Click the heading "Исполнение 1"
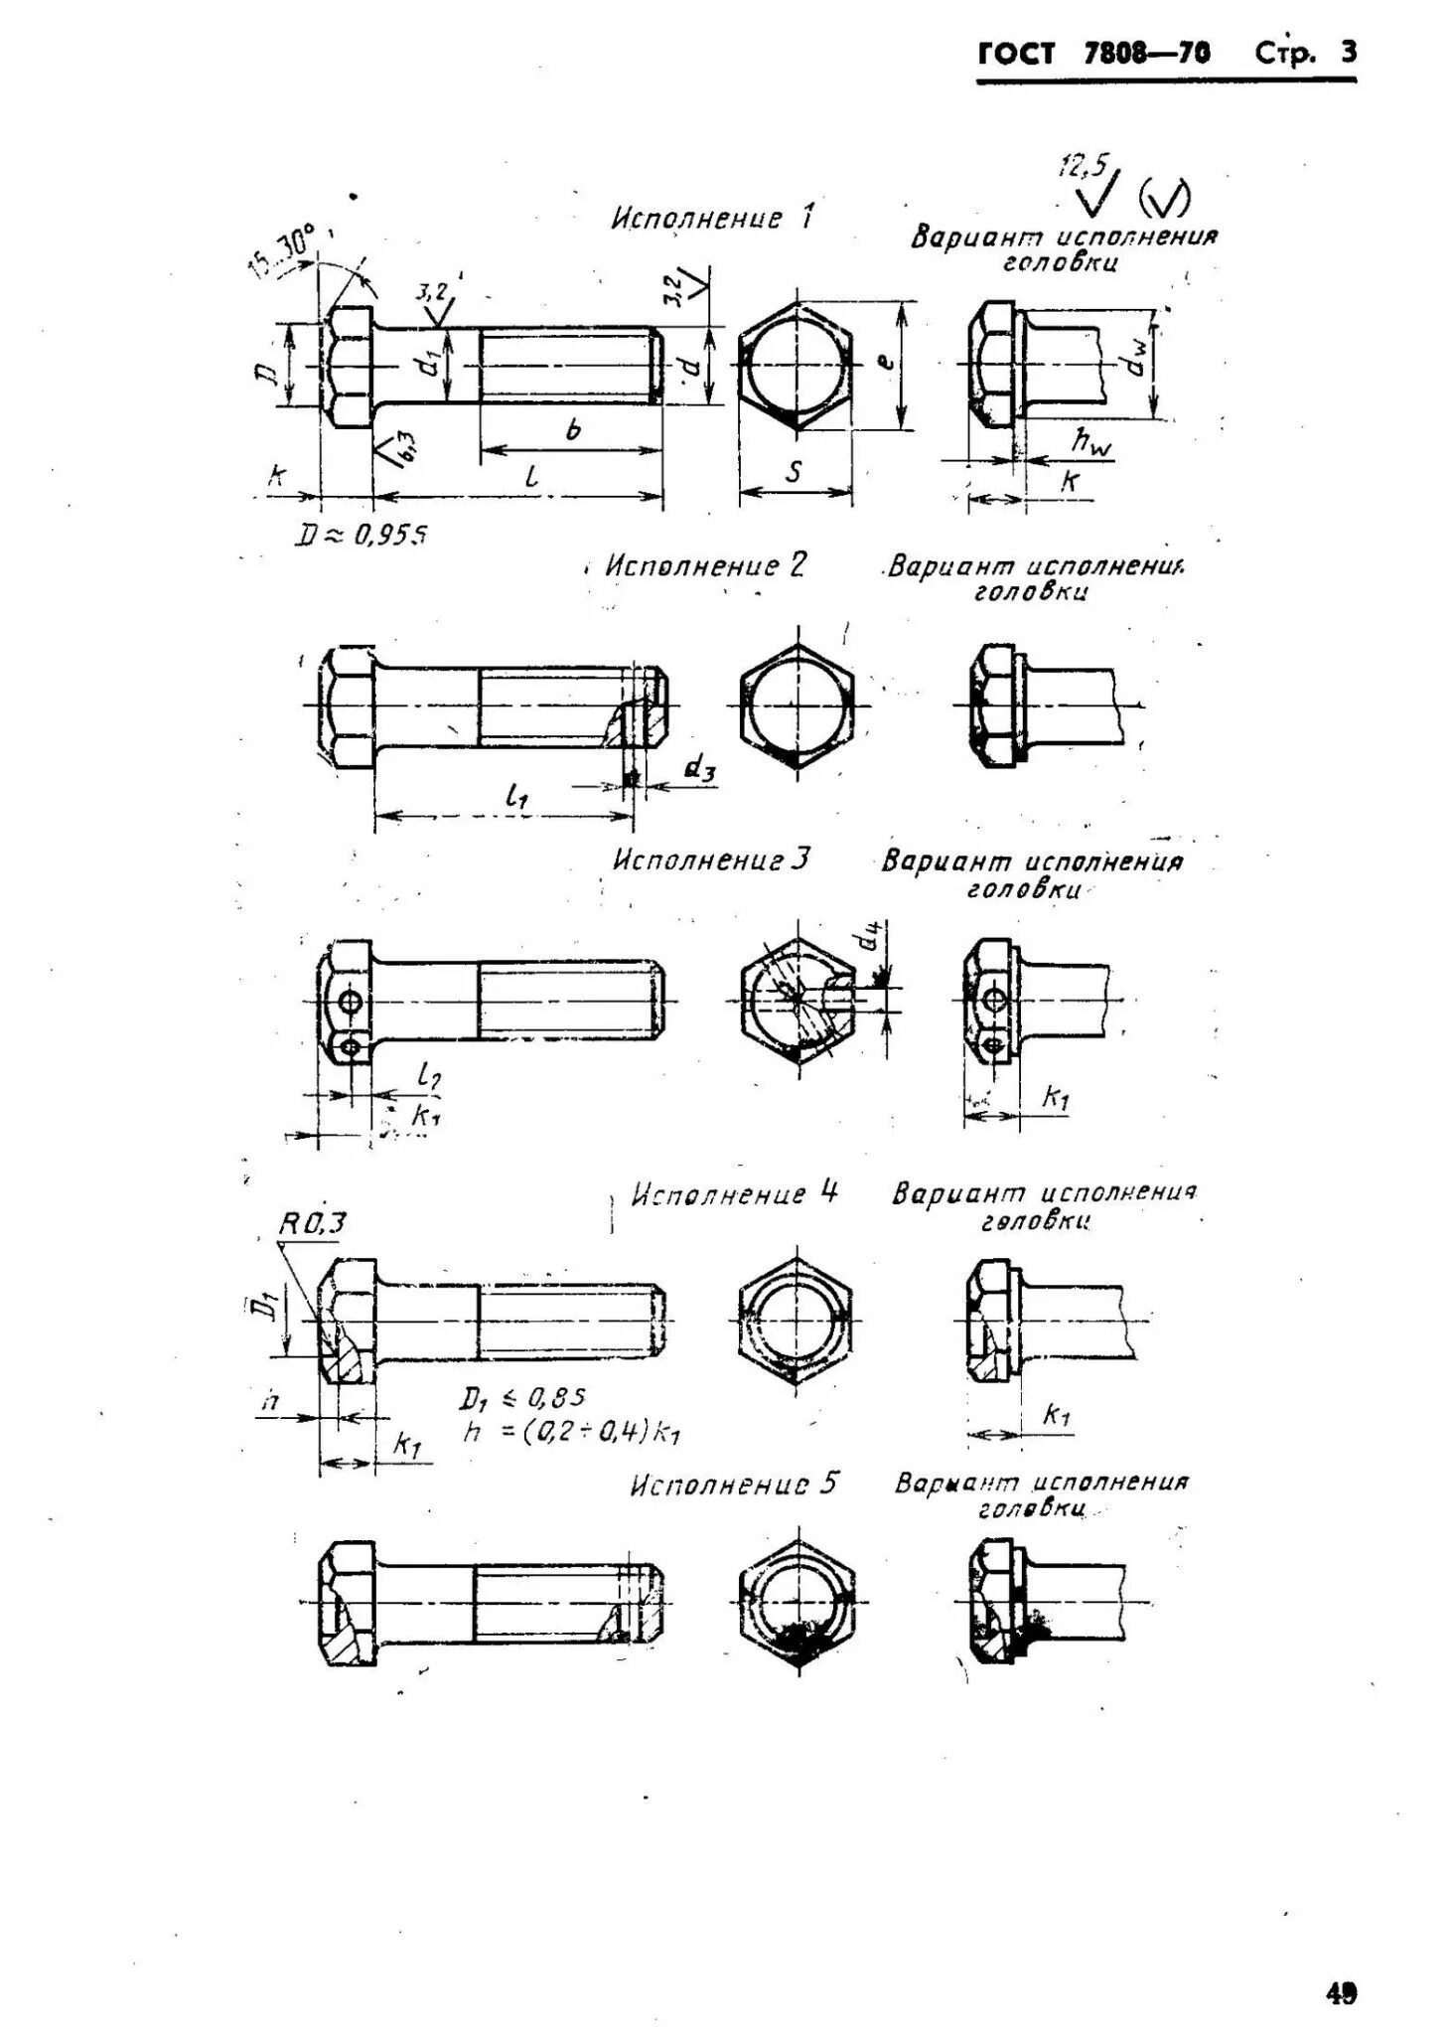712,218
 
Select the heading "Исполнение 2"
706,565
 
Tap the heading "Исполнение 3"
711,859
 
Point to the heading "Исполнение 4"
736,1192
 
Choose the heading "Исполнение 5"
734,1485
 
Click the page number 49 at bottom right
1340,1993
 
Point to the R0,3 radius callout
312,1223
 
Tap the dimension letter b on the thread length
572,430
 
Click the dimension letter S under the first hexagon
794,473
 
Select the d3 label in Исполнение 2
700,768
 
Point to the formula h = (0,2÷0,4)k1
571,1432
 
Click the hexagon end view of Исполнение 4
796,1321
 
